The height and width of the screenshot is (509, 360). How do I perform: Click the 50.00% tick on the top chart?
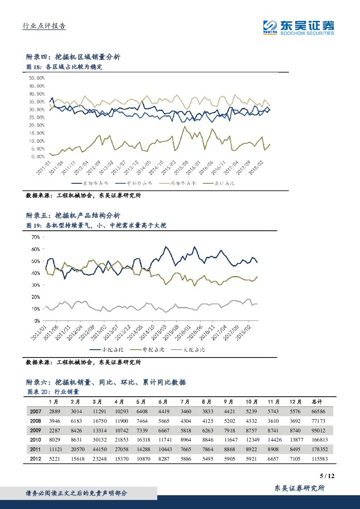[x=37, y=78]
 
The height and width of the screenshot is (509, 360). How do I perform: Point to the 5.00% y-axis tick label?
[x=38, y=149]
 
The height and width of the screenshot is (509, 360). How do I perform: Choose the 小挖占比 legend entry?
[x=107, y=349]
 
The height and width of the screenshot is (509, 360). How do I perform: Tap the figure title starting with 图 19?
[x=96, y=226]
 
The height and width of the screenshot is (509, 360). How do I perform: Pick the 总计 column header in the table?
[x=318, y=401]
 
